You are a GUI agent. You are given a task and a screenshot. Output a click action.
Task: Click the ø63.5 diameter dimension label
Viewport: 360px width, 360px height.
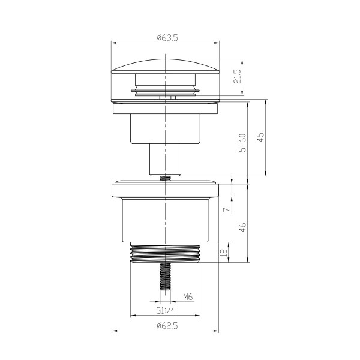(165, 38)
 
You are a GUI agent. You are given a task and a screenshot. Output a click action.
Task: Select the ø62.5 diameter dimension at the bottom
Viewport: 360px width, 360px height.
(165, 325)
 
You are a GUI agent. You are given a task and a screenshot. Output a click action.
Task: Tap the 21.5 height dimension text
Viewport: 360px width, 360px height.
(238, 77)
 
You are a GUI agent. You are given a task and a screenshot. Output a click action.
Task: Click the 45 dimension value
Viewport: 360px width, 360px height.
(260, 137)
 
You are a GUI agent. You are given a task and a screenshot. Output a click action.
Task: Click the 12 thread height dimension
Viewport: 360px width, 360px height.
(223, 253)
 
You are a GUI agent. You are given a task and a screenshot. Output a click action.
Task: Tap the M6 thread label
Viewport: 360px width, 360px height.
(187, 296)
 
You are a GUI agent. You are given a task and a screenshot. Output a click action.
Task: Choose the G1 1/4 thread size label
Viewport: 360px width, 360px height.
(165, 311)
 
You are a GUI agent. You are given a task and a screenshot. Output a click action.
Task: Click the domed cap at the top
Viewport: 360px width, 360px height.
(165, 65)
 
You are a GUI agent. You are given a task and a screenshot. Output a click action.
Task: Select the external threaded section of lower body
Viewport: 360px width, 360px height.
(165, 253)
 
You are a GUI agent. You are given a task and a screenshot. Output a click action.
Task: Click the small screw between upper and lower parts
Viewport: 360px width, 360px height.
(164, 176)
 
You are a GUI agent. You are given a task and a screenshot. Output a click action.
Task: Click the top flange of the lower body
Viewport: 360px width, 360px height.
(165, 190)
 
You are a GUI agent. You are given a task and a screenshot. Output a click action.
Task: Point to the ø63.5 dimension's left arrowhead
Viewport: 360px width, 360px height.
(114, 43)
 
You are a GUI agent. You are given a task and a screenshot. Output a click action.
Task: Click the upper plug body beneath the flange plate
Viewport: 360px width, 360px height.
(164, 128)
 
